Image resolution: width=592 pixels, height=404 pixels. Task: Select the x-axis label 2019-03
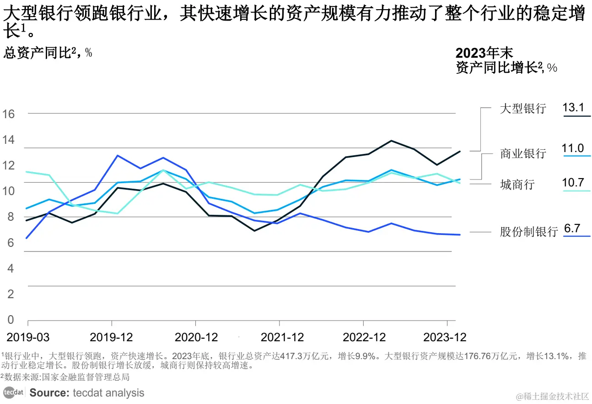28,338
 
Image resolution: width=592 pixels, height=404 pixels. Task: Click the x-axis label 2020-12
196,338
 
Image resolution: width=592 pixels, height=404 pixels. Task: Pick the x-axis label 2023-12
445,338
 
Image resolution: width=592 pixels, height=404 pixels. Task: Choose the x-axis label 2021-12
282,338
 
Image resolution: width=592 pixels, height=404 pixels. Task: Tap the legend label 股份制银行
528,232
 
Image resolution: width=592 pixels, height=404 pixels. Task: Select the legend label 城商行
517,185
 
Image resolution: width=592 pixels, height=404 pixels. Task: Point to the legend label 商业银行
523,153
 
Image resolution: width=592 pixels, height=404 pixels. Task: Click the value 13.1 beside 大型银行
573,108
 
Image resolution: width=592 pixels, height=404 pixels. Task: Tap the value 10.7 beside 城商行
573,183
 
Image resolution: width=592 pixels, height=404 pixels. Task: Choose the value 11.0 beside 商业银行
573,148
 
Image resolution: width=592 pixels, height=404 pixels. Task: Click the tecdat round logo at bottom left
13,393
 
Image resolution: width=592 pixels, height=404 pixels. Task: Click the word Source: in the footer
49,393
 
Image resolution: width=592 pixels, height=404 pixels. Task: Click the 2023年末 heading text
484,53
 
